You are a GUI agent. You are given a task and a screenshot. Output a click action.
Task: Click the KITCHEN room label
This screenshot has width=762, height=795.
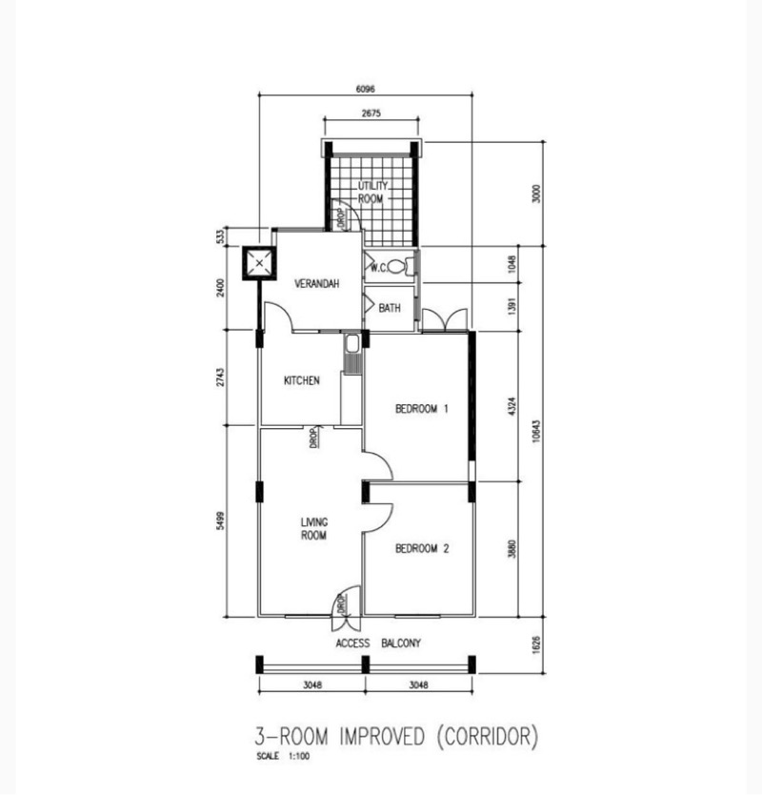[301, 380]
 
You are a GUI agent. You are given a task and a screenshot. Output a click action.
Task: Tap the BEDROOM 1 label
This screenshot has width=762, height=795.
[422, 409]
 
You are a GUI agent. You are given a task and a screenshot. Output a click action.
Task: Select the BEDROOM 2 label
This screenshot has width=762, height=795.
[422, 549]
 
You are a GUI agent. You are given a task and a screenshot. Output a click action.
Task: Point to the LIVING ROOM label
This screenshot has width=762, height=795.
[314, 529]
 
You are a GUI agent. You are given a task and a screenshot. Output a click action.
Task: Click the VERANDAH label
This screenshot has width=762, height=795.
[316, 283]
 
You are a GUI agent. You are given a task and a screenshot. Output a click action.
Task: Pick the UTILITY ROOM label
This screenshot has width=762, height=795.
[372, 193]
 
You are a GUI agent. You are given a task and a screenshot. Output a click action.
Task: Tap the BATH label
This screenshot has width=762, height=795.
[390, 308]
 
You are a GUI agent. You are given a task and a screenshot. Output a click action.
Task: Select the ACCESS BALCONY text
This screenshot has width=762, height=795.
[378, 643]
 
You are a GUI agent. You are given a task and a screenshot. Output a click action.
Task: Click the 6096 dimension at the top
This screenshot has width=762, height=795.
[366, 90]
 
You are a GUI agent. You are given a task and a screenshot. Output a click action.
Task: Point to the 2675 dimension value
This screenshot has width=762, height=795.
[371, 113]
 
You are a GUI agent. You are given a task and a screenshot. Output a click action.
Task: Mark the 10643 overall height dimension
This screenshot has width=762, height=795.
[536, 431]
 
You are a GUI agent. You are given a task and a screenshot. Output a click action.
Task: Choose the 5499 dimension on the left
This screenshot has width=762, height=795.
[219, 520]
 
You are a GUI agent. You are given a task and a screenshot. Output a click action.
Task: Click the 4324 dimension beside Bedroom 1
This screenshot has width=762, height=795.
[511, 407]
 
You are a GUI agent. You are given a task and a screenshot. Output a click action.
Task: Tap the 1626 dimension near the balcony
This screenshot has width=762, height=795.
[536, 645]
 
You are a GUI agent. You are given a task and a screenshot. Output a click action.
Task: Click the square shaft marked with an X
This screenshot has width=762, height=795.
[259, 263]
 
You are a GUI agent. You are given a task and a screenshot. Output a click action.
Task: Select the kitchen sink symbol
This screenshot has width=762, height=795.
[351, 344]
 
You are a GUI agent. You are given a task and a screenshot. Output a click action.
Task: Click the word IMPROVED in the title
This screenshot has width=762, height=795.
[382, 736]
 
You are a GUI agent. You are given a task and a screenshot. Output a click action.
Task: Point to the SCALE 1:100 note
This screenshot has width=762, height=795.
[283, 756]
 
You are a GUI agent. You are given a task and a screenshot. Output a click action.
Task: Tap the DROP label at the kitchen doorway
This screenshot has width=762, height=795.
[313, 438]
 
